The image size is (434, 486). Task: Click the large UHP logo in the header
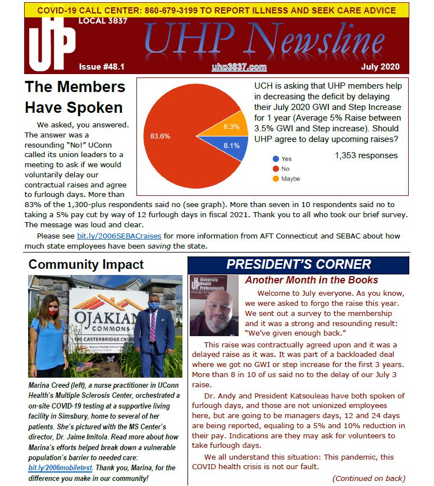tap(52, 45)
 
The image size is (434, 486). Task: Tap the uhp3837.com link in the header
tap(239, 67)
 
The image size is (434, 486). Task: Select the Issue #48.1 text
tap(102, 67)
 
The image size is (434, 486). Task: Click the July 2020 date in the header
tap(380, 67)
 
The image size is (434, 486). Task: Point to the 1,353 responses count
tap(366, 156)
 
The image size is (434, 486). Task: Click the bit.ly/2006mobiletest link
tap(60, 467)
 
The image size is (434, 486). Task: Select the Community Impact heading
tap(86, 264)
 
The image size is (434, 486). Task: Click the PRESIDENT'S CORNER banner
tap(298, 264)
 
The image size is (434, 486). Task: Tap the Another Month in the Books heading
tap(312, 280)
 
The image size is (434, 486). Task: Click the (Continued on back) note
tap(369, 478)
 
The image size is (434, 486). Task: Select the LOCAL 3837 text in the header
tap(103, 21)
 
